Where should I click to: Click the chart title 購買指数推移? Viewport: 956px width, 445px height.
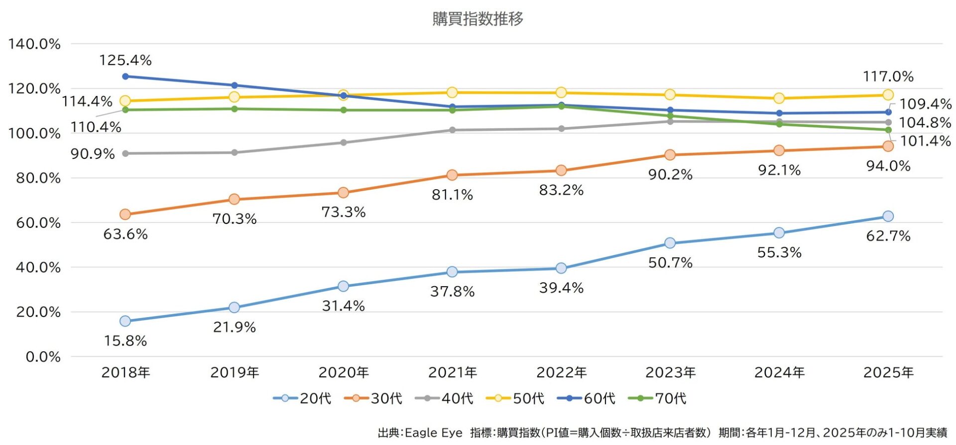478,19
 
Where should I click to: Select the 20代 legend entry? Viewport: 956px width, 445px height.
302,398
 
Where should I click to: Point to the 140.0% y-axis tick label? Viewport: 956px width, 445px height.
34,44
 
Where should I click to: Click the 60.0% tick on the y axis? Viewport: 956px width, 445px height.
38,222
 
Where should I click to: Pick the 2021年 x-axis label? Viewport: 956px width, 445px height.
452,372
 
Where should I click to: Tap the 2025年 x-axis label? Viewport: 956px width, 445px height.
888,372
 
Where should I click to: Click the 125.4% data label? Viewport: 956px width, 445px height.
125,60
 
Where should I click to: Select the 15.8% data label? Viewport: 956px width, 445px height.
125,341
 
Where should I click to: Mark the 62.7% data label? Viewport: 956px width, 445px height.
888,236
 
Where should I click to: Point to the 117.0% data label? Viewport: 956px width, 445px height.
888,77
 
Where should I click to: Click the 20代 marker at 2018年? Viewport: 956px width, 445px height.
125,321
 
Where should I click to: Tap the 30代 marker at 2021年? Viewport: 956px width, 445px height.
452,175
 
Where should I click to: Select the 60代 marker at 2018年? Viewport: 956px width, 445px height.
125,76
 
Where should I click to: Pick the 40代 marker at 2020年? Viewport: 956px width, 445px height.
343,142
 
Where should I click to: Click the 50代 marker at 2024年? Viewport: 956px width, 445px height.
779,98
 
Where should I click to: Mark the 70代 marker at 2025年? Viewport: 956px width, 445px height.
888,130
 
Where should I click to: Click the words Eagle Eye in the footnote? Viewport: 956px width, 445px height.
434,433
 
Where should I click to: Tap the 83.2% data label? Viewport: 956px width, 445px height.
561,190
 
